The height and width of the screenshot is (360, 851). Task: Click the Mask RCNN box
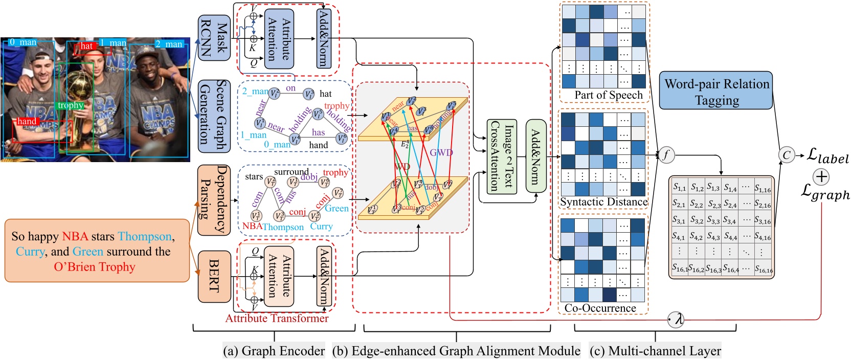214,38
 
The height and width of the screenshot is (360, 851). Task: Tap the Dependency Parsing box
214,200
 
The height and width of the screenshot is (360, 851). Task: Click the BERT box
214,276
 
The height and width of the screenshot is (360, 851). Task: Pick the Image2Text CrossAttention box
502,156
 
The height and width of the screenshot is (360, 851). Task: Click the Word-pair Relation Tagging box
715,91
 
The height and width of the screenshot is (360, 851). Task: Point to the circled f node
665,154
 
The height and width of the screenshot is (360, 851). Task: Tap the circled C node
787,154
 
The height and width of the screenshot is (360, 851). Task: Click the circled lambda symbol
676,320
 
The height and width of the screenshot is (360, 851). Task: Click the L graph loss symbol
824,193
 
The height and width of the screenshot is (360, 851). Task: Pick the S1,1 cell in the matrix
679,187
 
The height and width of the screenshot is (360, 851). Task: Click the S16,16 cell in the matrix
763,267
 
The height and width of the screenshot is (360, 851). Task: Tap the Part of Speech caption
608,95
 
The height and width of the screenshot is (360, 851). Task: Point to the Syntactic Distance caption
603,202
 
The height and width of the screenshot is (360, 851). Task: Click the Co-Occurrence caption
600,308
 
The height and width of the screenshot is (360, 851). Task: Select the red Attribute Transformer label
277,318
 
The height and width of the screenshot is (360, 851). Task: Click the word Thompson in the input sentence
145,236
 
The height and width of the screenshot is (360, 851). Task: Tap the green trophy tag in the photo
70,105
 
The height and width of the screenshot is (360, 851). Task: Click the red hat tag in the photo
86,46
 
